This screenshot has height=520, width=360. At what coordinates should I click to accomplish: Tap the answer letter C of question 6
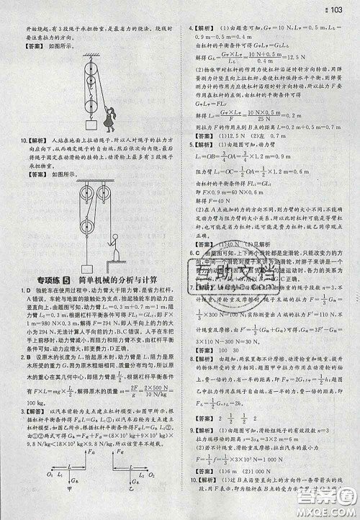(196, 254)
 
